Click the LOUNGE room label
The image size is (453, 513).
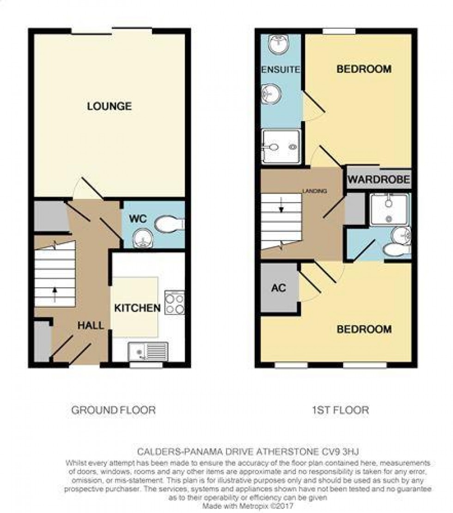(x=110, y=106)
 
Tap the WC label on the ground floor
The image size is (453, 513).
(x=138, y=218)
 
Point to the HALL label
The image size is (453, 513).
(x=91, y=326)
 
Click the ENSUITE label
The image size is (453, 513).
(x=281, y=70)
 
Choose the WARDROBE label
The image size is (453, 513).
(x=379, y=180)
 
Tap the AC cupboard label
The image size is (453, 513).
(x=278, y=288)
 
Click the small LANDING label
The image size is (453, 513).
(x=315, y=191)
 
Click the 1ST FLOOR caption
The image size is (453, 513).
(x=340, y=410)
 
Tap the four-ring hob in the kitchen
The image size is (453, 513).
(x=175, y=303)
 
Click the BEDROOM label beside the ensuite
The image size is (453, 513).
(x=364, y=69)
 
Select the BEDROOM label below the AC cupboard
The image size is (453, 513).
(x=364, y=329)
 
